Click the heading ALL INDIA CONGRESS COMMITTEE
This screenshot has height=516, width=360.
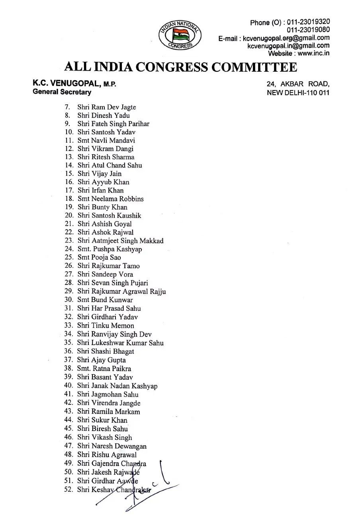180,67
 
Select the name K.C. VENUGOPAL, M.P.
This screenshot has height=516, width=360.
74,84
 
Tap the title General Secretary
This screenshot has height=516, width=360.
62,92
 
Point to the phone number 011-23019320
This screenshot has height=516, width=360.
308,22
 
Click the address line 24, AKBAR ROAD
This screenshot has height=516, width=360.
298,84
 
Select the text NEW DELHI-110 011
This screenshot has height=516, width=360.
298,93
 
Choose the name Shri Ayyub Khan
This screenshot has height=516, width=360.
103,182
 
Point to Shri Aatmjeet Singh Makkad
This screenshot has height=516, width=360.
120,241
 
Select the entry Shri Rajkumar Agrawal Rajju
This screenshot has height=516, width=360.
121,291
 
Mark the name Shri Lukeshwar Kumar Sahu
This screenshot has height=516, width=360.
120,343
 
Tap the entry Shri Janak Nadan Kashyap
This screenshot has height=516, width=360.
117,386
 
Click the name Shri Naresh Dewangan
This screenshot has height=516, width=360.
112,446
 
